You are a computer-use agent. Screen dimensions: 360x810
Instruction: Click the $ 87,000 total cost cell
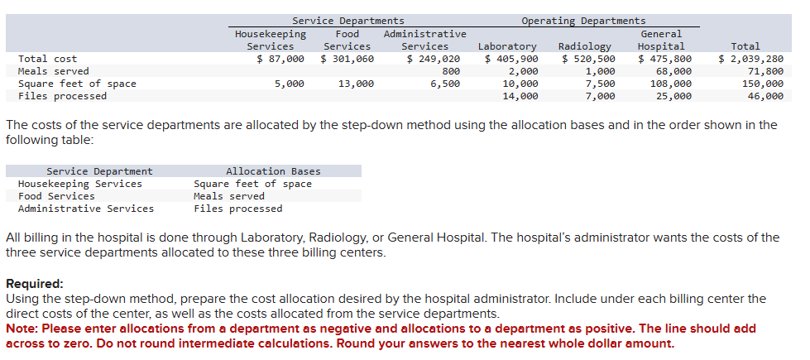(x=280, y=59)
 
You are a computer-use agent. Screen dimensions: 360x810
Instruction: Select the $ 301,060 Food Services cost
(x=347, y=59)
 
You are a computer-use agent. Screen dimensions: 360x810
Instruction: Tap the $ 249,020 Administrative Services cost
(x=434, y=59)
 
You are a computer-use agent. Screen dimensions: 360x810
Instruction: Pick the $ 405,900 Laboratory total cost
(x=511, y=59)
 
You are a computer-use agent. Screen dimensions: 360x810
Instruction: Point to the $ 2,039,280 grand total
(x=750, y=59)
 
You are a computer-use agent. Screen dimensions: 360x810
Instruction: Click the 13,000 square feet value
(x=356, y=84)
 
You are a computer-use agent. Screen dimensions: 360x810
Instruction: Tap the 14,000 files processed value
(x=520, y=96)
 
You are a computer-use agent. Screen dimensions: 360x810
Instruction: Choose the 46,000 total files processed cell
(x=765, y=96)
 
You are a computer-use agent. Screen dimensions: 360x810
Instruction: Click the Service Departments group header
(x=347, y=21)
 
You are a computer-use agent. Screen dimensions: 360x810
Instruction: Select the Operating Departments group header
(x=583, y=21)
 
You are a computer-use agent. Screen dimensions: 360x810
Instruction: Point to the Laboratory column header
(x=507, y=46)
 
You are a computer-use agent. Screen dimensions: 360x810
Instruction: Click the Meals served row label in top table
(x=53, y=71)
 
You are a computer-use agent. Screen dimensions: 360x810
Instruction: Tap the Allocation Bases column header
(x=273, y=171)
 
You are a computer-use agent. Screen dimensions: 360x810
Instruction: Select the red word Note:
(x=22, y=329)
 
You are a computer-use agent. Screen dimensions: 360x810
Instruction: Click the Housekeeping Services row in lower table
(x=79, y=184)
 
